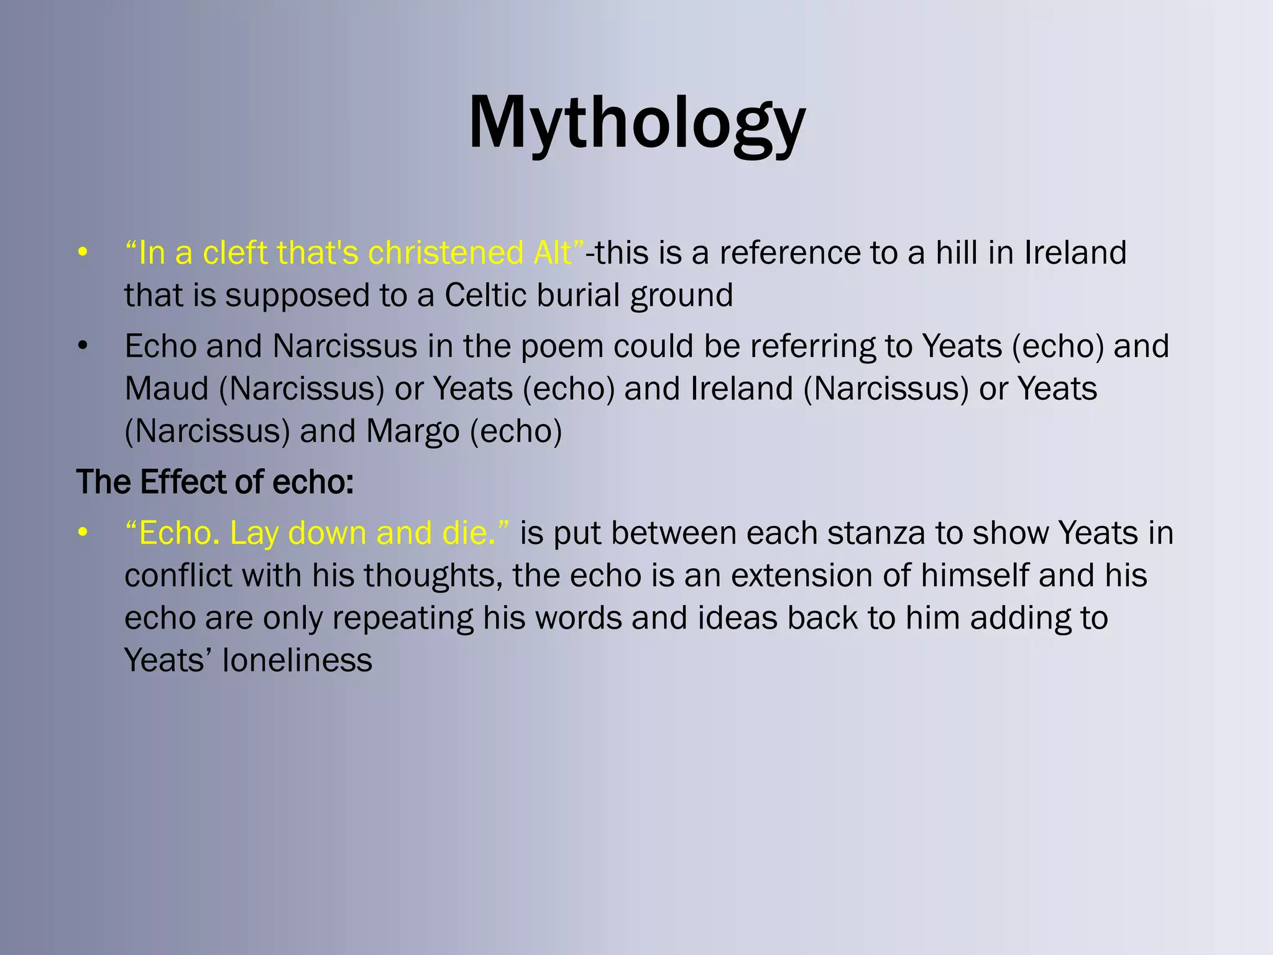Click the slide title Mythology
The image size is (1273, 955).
coord(636,123)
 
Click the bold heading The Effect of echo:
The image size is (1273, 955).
coord(215,482)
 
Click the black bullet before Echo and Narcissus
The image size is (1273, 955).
coord(83,347)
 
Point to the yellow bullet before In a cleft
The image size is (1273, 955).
coord(83,254)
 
